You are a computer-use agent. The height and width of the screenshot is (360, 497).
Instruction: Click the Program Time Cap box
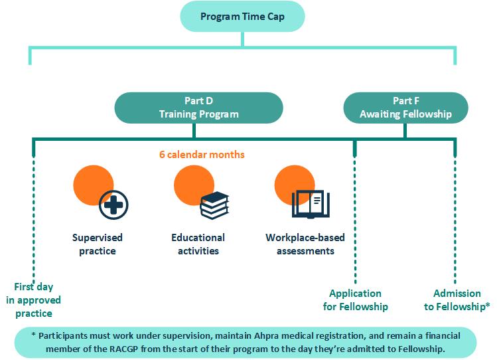242,17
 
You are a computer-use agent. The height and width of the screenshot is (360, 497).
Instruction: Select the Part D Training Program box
199,108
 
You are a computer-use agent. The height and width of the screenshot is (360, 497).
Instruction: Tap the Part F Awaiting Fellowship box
405,108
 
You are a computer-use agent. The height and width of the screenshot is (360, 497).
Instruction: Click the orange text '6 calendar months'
202,155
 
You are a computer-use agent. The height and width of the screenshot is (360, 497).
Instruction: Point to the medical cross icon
113,205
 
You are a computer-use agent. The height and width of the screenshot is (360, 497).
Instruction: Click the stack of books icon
214,205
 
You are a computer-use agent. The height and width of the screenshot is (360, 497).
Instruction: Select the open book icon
311,205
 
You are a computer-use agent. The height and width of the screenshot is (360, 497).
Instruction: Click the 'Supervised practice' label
98,244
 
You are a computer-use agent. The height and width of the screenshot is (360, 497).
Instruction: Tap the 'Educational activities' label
198,244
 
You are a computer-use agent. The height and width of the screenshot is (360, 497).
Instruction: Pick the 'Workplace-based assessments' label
305,244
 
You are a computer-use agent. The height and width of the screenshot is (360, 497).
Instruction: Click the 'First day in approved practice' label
34,300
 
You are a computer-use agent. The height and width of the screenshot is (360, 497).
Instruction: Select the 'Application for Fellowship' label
355,300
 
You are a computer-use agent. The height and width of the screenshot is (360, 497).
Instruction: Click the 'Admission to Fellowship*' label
457,300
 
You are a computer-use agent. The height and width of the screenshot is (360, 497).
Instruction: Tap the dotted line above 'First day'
34,219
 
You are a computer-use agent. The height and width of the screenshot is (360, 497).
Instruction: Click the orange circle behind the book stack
194,185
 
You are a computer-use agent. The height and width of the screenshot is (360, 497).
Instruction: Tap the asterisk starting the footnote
33,334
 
